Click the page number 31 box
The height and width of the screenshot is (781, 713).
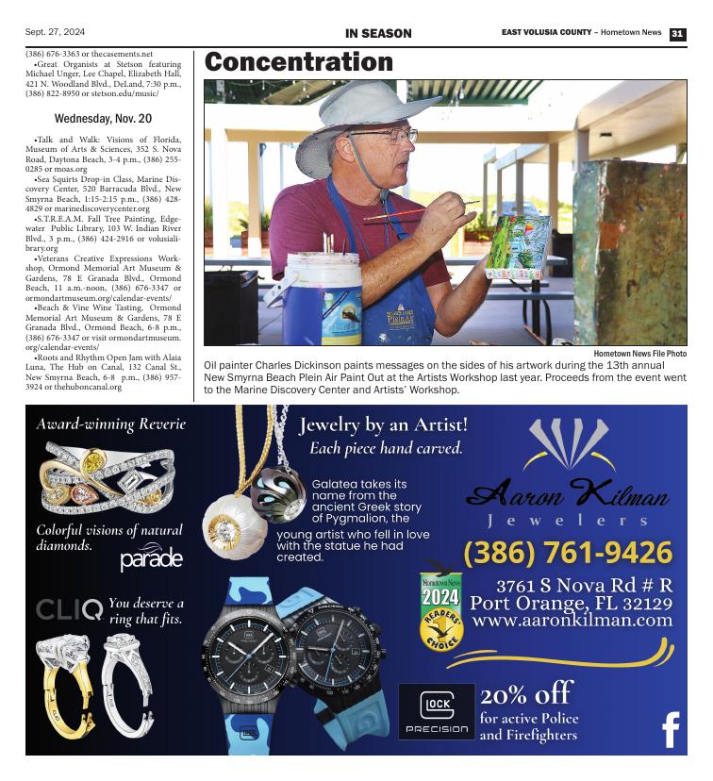click(677, 34)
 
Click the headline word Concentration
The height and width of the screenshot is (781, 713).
click(298, 62)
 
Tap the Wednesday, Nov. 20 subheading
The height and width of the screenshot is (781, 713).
click(103, 119)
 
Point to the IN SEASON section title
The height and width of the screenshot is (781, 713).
click(378, 34)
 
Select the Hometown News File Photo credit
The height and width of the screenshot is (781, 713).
click(639, 353)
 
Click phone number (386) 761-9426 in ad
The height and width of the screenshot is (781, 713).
click(568, 552)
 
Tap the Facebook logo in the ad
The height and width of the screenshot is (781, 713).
click(671, 729)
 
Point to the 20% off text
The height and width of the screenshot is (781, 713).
click(526, 695)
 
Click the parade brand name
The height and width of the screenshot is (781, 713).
click(151, 559)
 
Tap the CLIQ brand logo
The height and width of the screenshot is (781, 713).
click(69, 609)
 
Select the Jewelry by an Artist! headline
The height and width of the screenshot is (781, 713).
click(384, 425)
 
